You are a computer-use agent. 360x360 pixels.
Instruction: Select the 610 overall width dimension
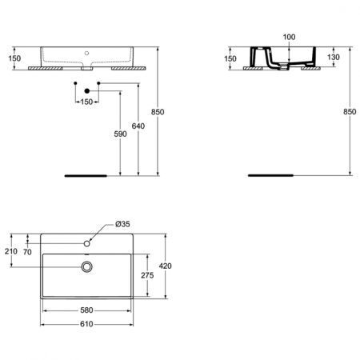tap(87, 324)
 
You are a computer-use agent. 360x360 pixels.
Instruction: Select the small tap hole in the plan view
tap(86, 242)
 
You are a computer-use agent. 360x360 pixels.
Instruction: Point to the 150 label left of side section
tap(230, 58)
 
